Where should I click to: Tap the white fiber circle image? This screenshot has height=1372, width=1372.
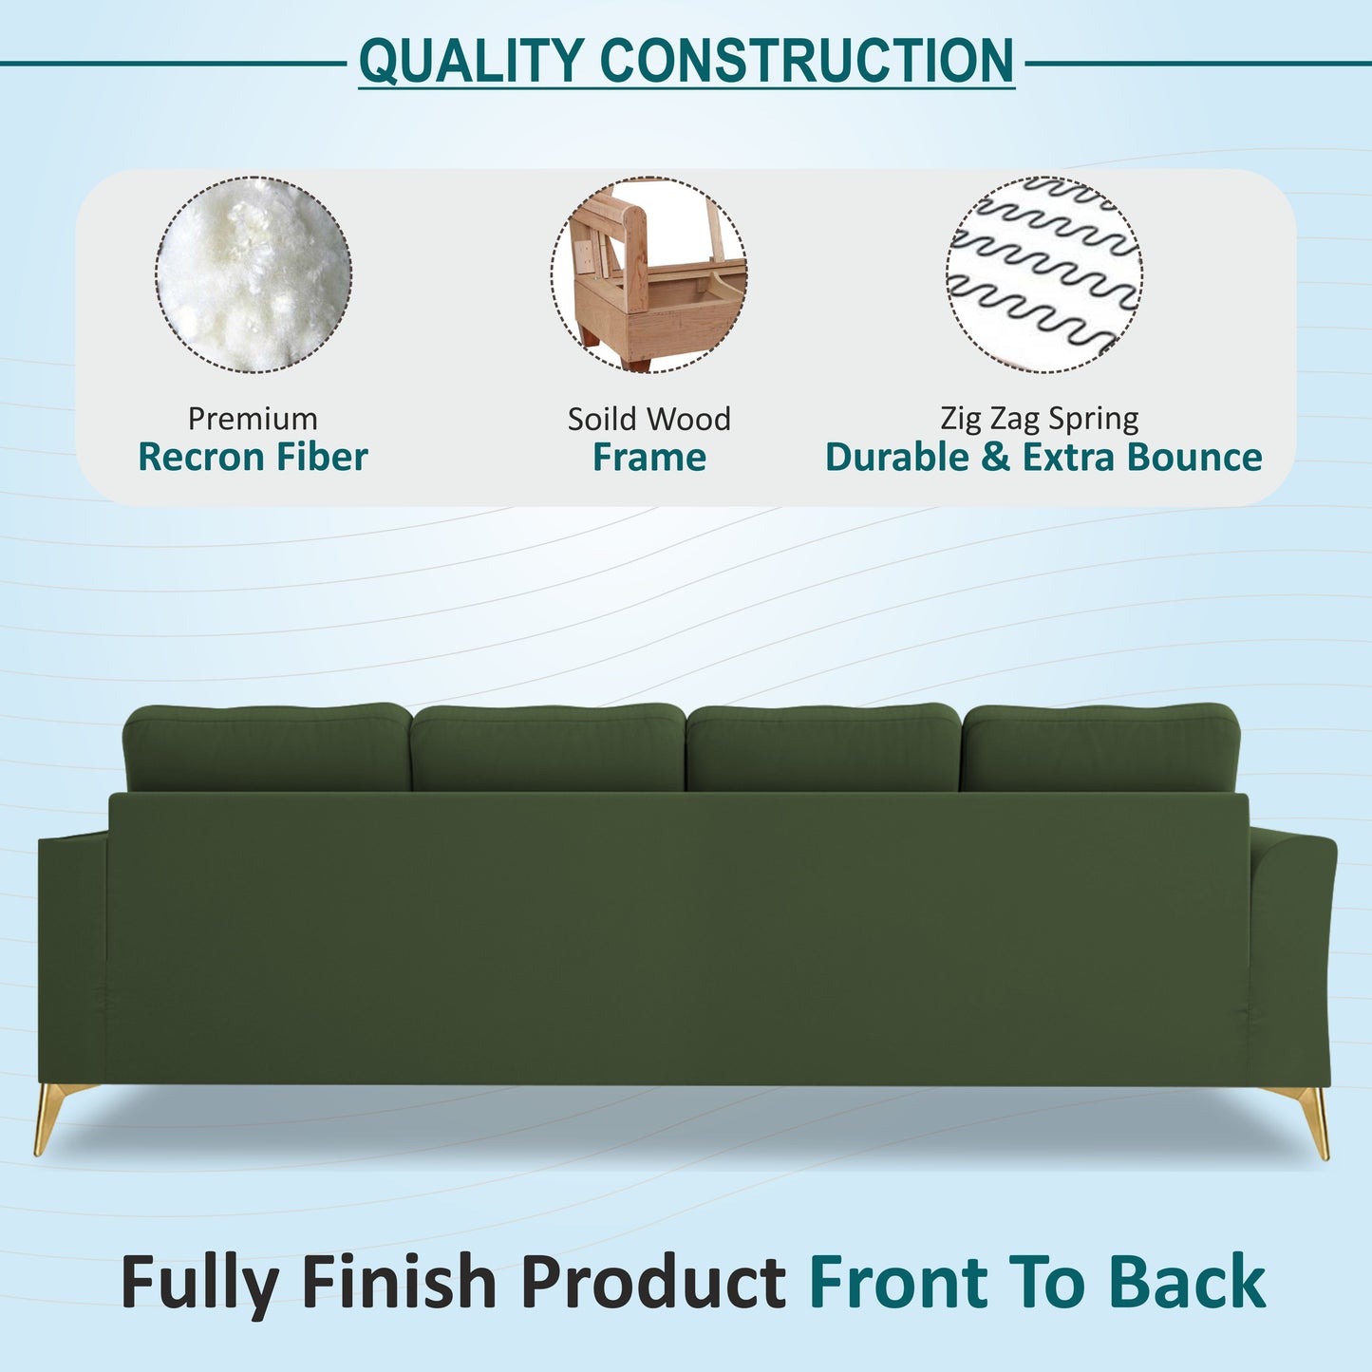(x=254, y=274)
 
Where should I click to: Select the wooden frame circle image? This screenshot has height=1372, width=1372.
(x=648, y=274)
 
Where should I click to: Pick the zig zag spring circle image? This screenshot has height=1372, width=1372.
(x=1043, y=274)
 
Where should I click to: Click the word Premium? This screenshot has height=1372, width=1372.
(x=253, y=419)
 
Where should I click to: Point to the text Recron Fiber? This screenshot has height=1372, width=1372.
(x=253, y=458)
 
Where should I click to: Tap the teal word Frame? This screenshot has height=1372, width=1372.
(x=649, y=458)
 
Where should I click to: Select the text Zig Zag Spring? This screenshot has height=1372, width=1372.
(x=1040, y=419)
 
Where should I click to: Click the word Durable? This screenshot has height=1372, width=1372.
(x=897, y=458)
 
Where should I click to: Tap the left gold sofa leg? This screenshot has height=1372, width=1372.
(x=48, y=1116)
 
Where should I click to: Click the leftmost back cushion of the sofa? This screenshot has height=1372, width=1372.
(x=268, y=747)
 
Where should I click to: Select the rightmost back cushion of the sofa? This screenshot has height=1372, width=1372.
(x=1100, y=747)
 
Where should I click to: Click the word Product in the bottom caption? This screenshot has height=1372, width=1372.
(x=653, y=1282)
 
